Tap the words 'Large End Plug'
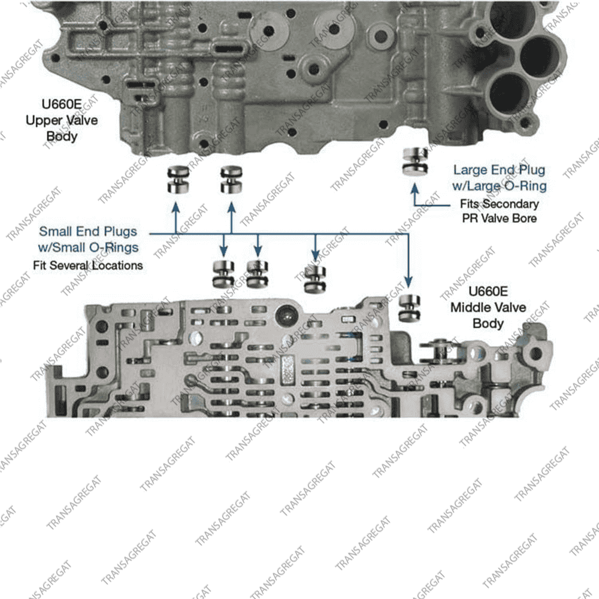[x=498, y=171]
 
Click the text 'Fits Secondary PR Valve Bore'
[x=498, y=211]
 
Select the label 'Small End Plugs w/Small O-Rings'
[x=88, y=238]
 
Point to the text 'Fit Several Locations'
[x=87, y=265]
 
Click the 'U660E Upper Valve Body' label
[x=62, y=120]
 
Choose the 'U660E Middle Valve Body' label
[x=488, y=307]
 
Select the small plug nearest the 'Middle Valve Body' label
[x=409, y=308]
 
